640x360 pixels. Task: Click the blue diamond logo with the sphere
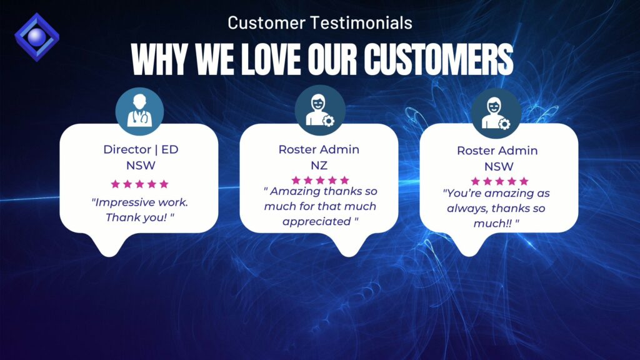point(37,37)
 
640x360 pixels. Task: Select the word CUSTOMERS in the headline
point(439,59)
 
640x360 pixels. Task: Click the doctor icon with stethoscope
point(139,111)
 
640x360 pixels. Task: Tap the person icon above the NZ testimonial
point(320,110)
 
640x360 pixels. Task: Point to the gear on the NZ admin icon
point(328,121)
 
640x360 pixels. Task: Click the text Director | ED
point(141,149)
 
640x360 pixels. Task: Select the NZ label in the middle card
point(319,165)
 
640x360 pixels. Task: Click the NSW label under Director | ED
point(141,165)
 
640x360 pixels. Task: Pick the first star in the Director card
point(116,184)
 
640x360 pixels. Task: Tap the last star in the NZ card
point(344,180)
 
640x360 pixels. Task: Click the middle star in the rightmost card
point(499,181)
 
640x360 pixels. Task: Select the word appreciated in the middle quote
point(317,222)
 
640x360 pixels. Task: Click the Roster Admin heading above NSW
point(497,151)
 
